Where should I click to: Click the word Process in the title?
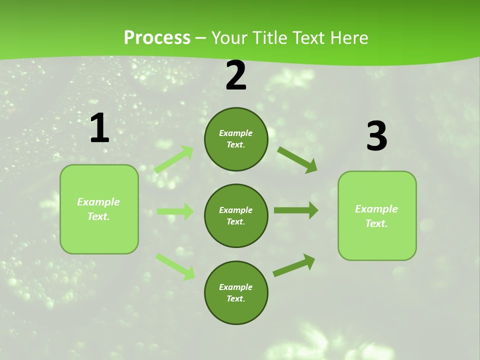(157, 38)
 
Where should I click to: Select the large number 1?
(99, 128)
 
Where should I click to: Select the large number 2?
(236, 75)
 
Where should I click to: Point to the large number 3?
(376, 136)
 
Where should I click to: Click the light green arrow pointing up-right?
(174, 159)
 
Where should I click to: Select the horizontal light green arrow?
(175, 211)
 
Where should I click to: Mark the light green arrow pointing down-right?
(175, 266)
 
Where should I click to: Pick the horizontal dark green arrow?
(296, 210)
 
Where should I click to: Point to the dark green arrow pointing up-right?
(294, 265)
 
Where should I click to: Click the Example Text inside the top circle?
(236, 139)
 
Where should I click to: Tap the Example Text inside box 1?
(98, 209)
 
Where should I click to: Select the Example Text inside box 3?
(376, 216)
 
